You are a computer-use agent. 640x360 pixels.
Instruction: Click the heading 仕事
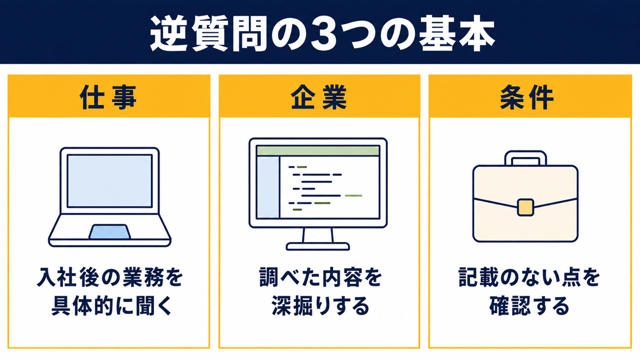coord(108,97)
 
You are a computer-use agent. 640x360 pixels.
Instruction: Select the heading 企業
coord(319,97)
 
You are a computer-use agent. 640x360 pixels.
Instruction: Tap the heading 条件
coord(527,97)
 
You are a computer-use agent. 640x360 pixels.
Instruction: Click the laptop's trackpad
coord(109,231)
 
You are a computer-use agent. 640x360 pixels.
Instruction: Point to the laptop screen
coord(109,181)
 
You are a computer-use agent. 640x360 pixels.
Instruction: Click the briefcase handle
coord(525,158)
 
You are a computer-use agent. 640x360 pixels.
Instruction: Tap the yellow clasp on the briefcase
coord(525,207)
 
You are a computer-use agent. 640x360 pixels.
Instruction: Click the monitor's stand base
coord(317,246)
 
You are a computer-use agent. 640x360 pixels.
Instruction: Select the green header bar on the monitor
coord(318,150)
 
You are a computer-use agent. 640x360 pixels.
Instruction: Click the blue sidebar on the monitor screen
coord(268,187)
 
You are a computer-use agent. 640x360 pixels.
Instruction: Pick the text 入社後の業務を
coord(109,277)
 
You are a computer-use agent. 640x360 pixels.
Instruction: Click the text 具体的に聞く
coord(112,306)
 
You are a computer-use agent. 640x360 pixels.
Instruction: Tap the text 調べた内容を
coord(320,277)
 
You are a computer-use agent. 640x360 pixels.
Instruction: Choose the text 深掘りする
coord(320,306)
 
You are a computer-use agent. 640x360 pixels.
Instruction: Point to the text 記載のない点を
coord(529,277)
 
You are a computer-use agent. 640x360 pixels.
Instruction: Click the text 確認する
coord(529,306)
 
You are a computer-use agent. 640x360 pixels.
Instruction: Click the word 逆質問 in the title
coord(208,33)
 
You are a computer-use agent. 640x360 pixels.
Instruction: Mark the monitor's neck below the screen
coord(317,235)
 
